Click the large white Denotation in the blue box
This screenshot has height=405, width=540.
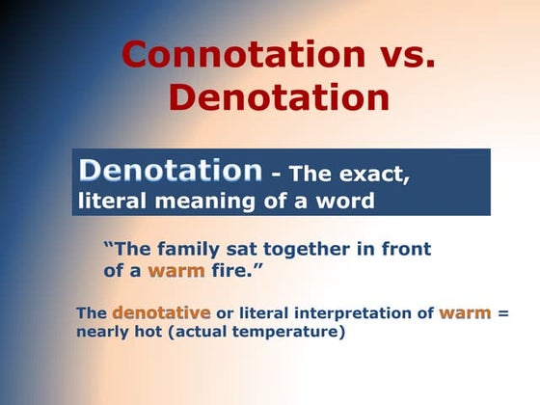click(x=171, y=172)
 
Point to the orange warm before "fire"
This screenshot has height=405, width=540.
click(x=175, y=271)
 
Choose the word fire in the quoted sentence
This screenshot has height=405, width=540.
click(x=233, y=271)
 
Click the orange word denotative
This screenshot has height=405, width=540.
click(x=161, y=313)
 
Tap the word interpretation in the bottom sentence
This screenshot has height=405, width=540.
click(x=351, y=313)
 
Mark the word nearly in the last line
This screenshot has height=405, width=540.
click(x=103, y=332)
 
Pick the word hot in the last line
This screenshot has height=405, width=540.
click(x=149, y=332)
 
